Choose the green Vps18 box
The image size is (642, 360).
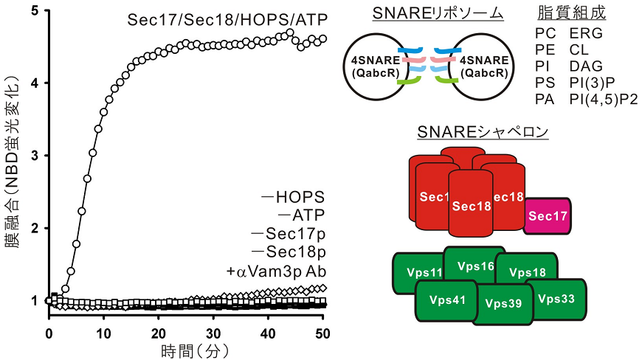(527, 272)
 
